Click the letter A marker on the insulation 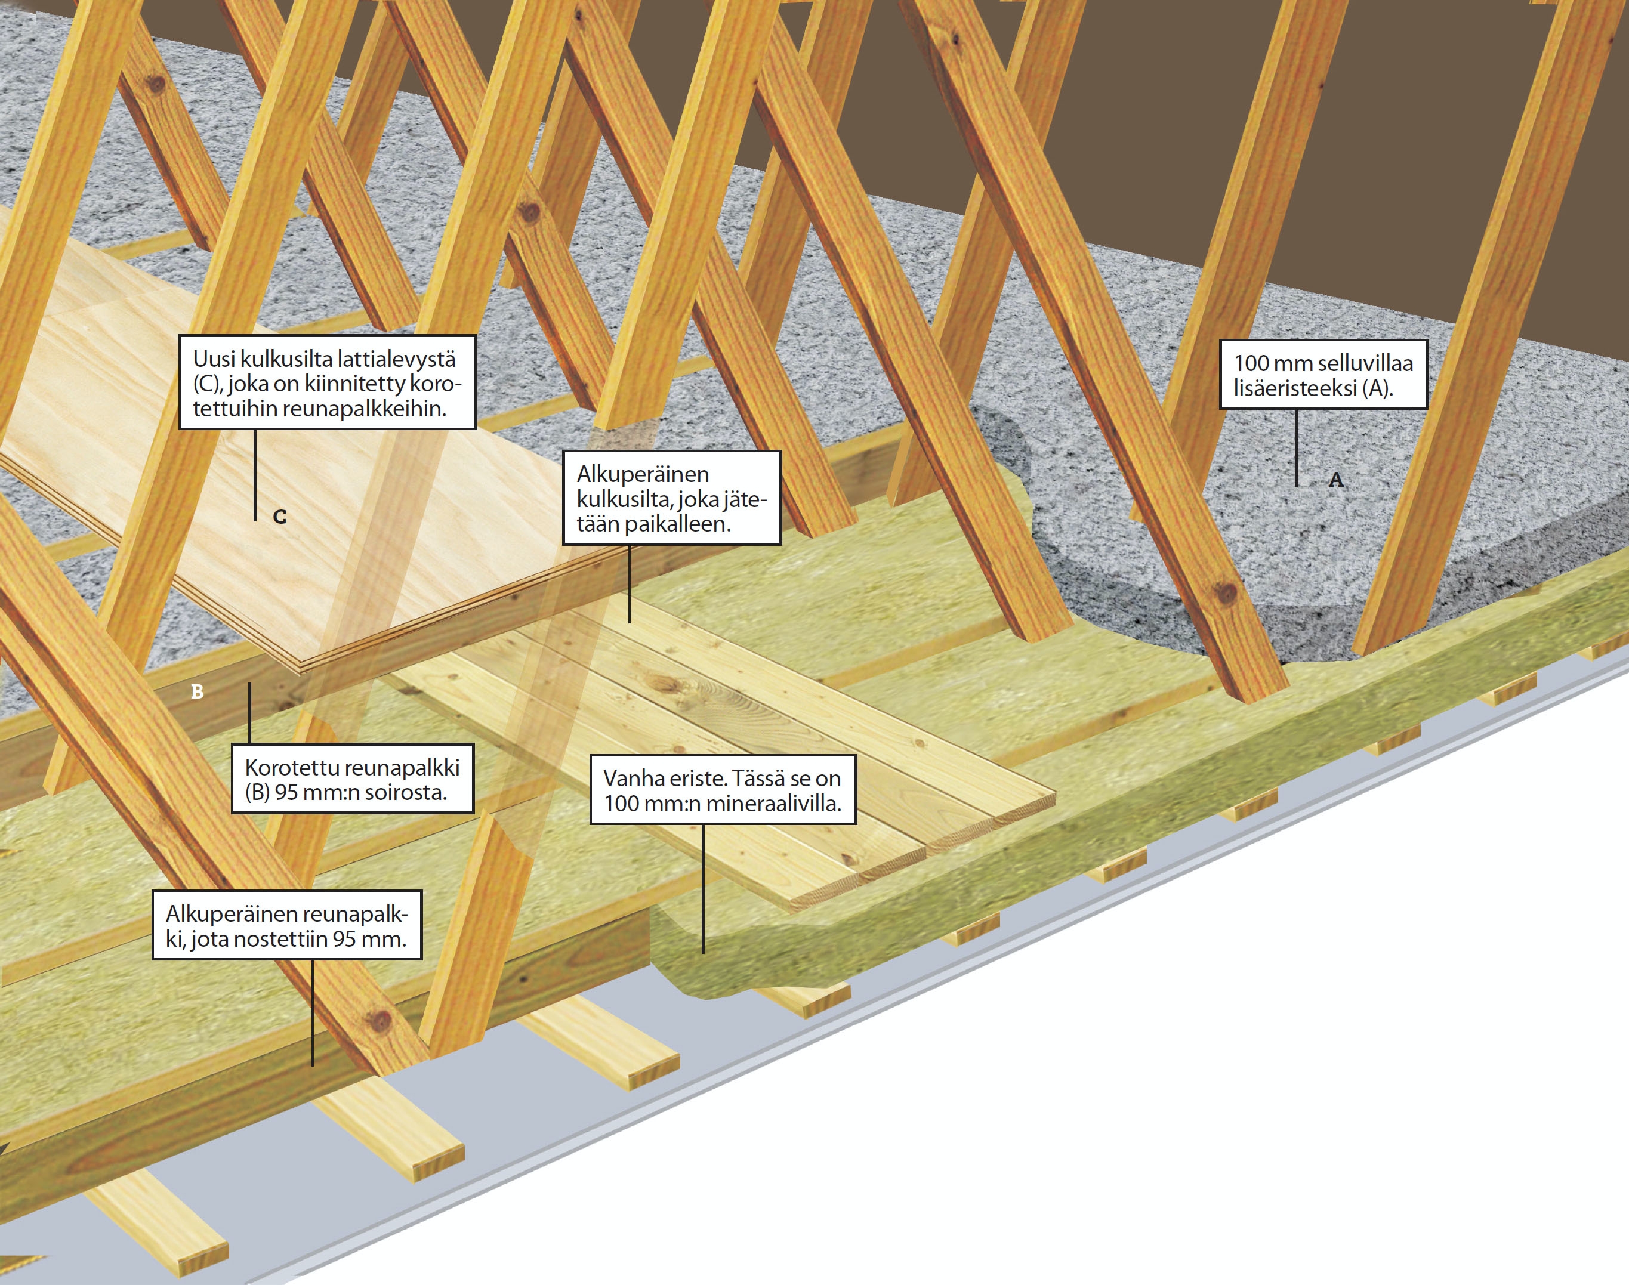pos(1335,480)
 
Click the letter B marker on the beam pos(197,691)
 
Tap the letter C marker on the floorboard pos(279,517)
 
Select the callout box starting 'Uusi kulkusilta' pos(328,382)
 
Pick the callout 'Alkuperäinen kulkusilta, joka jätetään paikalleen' pos(671,498)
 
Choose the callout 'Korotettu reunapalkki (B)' pos(352,779)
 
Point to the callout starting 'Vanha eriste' pos(723,790)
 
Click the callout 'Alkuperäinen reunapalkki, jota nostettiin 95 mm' pos(286,925)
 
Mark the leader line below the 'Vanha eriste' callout pos(704,888)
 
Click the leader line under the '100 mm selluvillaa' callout pos(1295,447)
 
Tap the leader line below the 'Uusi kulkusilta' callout pos(255,474)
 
